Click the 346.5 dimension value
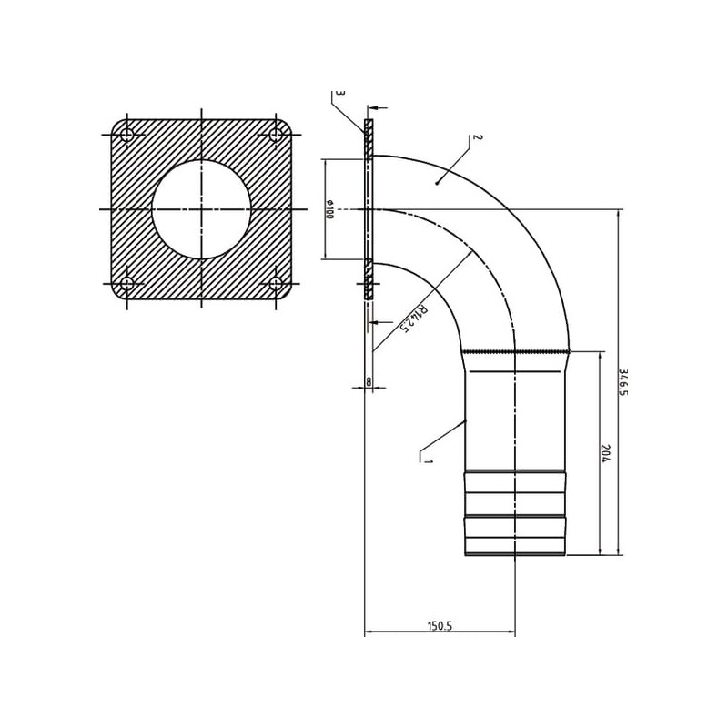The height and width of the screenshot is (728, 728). [623, 382]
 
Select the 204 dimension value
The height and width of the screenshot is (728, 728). [604, 453]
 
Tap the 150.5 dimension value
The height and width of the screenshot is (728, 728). [440, 626]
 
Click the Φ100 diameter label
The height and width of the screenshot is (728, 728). [329, 209]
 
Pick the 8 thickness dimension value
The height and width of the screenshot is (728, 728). [369, 381]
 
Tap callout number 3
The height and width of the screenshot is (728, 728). [340, 94]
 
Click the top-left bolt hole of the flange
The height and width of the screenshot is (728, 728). [126, 135]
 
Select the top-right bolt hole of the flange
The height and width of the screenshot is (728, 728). [276, 135]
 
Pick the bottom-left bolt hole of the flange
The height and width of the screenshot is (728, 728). [126, 283]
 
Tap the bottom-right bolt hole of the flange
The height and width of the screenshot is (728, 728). [276, 283]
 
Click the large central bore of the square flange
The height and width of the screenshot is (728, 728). [201, 209]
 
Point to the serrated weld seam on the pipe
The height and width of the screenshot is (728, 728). [516, 351]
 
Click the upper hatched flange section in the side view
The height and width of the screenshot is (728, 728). [369, 139]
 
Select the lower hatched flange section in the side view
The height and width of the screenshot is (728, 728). [369, 279]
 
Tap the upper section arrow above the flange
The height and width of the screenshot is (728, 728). [379, 107]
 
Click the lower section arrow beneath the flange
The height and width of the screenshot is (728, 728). [380, 321]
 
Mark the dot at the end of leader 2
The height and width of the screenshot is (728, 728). [437, 184]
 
